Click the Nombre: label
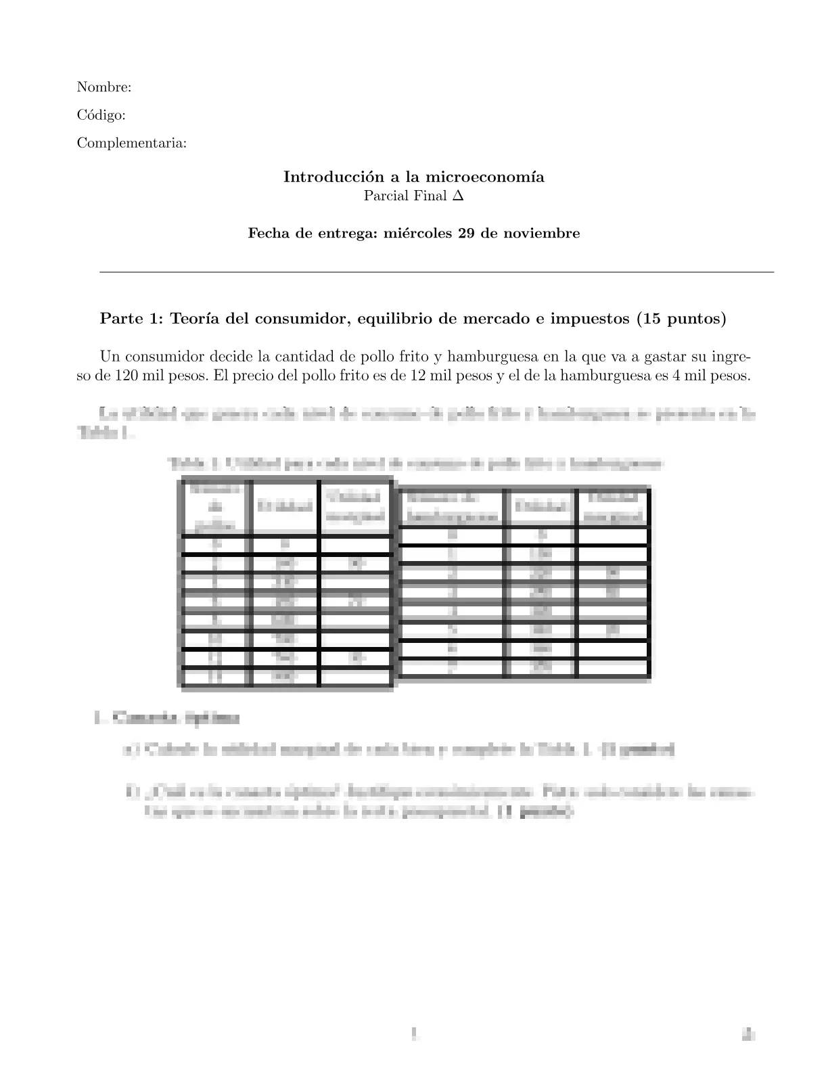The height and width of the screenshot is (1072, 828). [x=103, y=87]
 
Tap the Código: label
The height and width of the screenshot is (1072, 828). [x=101, y=115]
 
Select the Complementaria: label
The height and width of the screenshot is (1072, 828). [x=132, y=143]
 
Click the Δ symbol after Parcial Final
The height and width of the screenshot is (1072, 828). [x=458, y=196]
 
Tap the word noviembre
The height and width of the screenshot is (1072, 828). [x=545, y=233]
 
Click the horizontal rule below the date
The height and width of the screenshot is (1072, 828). [x=436, y=272]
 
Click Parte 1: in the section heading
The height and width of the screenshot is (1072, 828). [x=131, y=319]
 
